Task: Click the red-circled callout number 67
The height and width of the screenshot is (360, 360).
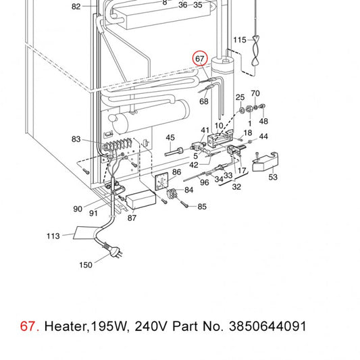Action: click(x=200, y=59)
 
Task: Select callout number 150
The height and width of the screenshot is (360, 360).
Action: click(x=86, y=265)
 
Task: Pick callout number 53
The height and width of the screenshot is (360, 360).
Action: click(x=273, y=177)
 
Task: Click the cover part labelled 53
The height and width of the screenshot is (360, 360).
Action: click(x=265, y=161)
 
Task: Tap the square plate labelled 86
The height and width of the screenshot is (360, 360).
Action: click(x=161, y=182)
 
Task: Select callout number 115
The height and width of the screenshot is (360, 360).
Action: click(x=240, y=40)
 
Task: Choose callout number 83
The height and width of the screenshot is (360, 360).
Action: click(x=76, y=139)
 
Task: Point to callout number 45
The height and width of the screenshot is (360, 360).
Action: click(x=170, y=138)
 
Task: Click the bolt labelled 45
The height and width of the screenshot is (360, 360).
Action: click(x=174, y=152)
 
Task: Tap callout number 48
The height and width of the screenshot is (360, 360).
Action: click(x=263, y=121)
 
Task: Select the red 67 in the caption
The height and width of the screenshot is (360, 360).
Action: click(x=27, y=326)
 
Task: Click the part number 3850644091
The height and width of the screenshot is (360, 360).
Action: click(x=267, y=326)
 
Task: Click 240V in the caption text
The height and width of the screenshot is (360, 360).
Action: click(x=151, y=326)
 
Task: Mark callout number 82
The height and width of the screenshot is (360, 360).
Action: click(x=76, y=7)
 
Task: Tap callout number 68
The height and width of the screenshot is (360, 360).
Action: click(x=204, y=101)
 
